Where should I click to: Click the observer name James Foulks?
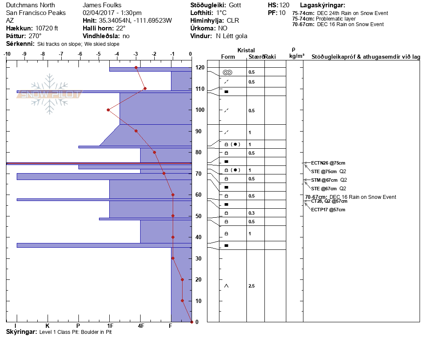click(x=101, y=6)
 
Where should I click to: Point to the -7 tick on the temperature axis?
click(x=61, y=54)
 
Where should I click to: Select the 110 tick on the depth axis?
click(x=200, y=89)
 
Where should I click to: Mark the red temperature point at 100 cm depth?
click(x=108, y=110)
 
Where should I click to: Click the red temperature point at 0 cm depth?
click(x=191, y=322)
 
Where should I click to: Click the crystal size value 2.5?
click(x=252, y=286)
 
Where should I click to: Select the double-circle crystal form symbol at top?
click(x=227, y=72)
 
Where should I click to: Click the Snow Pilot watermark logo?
click(x=49, y=94)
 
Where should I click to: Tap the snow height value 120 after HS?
click(x=284, y=6)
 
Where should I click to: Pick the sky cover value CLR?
click(x=233, y=21)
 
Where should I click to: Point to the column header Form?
click(x=228, y=57)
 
